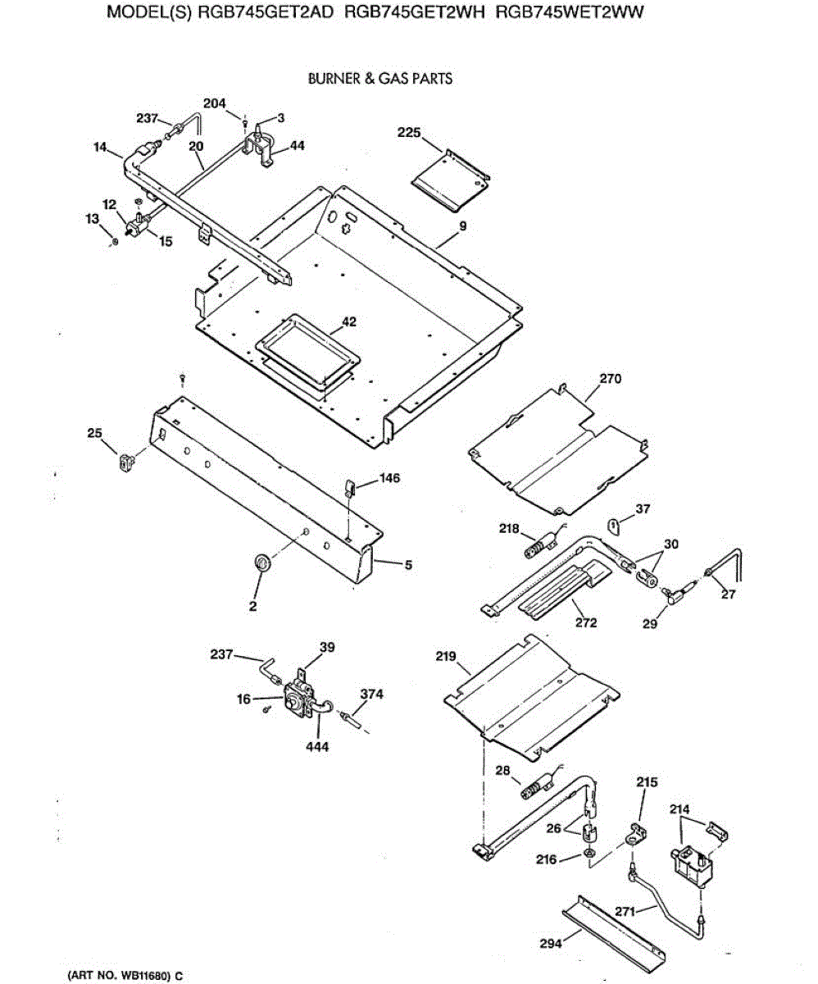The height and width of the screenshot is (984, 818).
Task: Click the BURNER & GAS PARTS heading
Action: [379, 79]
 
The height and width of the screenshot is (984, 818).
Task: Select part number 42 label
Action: [349, 322]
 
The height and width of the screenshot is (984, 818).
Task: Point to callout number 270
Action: [611, 379]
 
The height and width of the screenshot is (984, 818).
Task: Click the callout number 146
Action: [389, 478]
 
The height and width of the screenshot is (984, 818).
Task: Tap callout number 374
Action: [371, 694]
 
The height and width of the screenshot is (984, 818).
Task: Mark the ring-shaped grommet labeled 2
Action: [262, 563]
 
